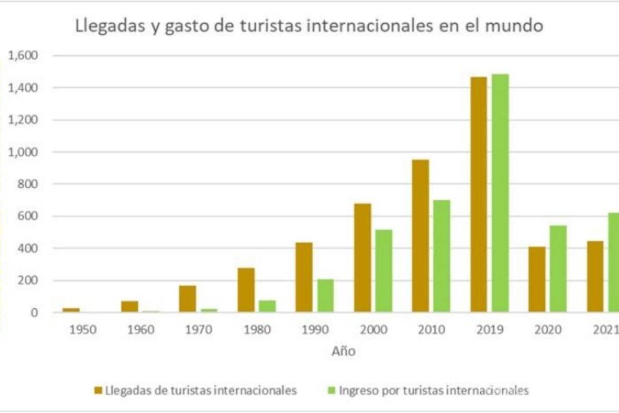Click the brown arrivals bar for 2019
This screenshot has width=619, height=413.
(478, 194)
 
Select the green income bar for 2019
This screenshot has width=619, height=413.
(500, 193)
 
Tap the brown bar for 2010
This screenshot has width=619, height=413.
(420, 236)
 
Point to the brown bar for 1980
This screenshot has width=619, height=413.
(246, 290)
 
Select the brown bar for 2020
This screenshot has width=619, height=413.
(536, 279)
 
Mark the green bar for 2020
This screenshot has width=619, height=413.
(558, 268)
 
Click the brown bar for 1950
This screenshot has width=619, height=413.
(71, 310)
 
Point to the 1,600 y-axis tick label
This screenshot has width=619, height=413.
(23, 55)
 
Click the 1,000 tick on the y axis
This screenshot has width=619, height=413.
(23, 152)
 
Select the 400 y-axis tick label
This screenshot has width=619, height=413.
(27, 248)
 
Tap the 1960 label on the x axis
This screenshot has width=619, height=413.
(141, 329)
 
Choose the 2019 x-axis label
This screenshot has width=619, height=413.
(490, 329)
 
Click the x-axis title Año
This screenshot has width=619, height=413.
(343, 352)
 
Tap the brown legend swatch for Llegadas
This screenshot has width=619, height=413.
(98, 390)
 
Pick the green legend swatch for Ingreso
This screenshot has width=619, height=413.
(331, 390)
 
